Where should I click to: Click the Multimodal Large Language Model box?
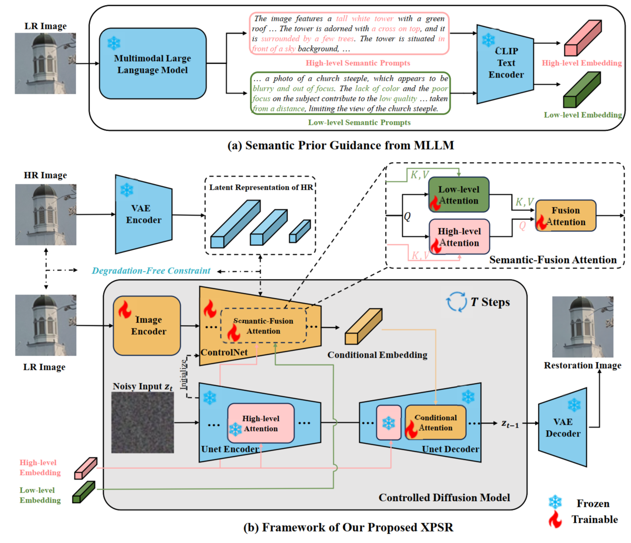(x=153, y=64)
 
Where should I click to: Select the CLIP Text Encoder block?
(x=505, y=64)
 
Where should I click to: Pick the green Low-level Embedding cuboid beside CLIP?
(x=581, y=90)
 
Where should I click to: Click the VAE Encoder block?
(x=143, y=214)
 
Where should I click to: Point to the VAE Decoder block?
(x=563, y=427)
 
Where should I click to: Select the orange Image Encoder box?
(x=147, y=326)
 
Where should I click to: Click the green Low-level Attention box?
(x=459, y=195)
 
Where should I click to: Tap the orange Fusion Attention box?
(x=566, y=216)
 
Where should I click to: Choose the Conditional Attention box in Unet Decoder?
(x=435, y=422)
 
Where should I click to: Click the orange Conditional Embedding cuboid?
(x=363, y=327)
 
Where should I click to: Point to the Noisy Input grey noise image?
(x=143, y=422)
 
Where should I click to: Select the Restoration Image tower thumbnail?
(x=582, y=327)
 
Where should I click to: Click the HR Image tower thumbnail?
(x=46, y=215)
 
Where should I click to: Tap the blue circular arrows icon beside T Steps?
(x=456, y=302)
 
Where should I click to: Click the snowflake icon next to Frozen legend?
(x=555, y=502)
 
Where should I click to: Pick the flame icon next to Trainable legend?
(x=555, y=519)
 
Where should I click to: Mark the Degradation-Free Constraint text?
(x=151, y=271)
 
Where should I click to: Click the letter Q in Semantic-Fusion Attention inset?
(x=407, y=216)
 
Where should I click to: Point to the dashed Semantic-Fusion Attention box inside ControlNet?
(x=263, y=326)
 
